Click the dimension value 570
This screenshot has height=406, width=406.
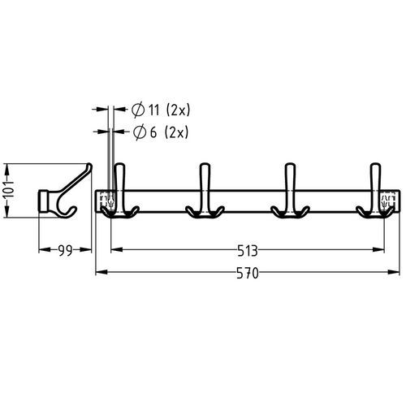(248, 273)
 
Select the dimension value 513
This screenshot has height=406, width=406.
(248, 250)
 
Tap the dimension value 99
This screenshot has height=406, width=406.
(66, 250)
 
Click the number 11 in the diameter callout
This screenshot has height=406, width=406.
(154, 110)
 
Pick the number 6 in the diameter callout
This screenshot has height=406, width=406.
(153, 132)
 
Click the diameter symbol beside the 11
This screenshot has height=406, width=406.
(138, 110)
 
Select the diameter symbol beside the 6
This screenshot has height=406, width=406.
(140, 132)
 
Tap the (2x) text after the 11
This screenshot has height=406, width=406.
(178, 110)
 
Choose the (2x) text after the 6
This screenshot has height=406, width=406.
(176, 132)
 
